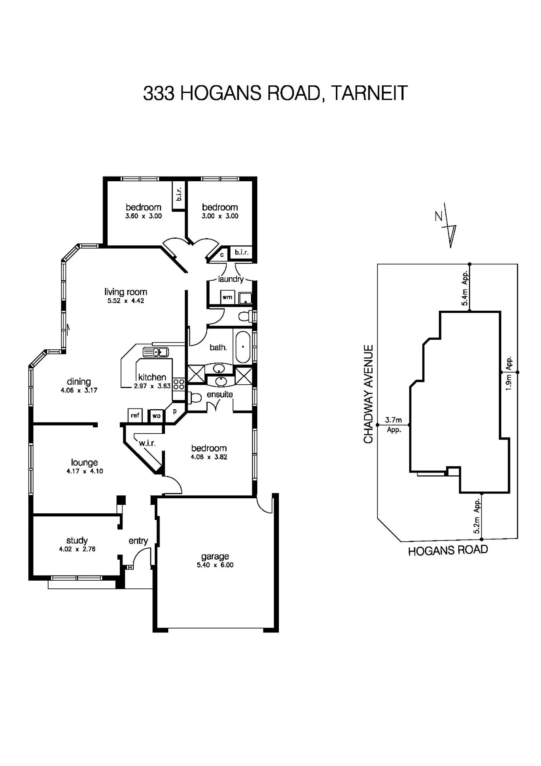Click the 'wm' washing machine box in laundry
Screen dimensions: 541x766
[x=227, y=297]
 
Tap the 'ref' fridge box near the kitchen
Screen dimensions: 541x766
[x=135, y=416]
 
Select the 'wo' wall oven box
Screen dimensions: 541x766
[x=156, y=416]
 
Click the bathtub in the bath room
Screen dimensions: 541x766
[x=243, y=347]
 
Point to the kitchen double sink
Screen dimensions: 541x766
[x=156, y=352]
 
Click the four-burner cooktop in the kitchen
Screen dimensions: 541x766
[x=179, y=385]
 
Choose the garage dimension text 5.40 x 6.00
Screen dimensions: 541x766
[x=215, y=565]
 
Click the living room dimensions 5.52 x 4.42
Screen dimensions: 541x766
[x=126, y=301]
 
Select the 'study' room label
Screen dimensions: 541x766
[x=77, y=540]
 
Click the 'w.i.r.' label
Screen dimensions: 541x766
[x=147, y=443]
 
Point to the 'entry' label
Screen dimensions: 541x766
[x=138, y=541]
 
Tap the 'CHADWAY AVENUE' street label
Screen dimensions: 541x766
[x=368, y=394]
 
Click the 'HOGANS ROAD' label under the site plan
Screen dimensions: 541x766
[x=448, y=551]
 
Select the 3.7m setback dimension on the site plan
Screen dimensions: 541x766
[x=393, y=420]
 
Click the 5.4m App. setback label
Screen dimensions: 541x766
[x=465, y=288]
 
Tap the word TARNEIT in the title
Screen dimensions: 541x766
[x=369, y=93]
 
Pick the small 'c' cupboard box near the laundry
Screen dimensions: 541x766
[x=222, y=254]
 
